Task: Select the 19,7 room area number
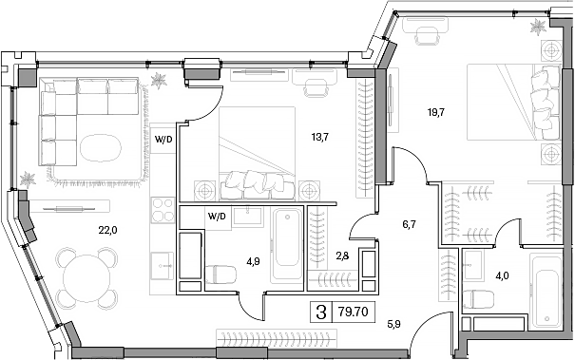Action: pos(435,112)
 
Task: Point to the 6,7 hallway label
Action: pos(410,225)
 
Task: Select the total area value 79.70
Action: pos(354,310)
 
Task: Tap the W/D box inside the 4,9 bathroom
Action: pos(216,216)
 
